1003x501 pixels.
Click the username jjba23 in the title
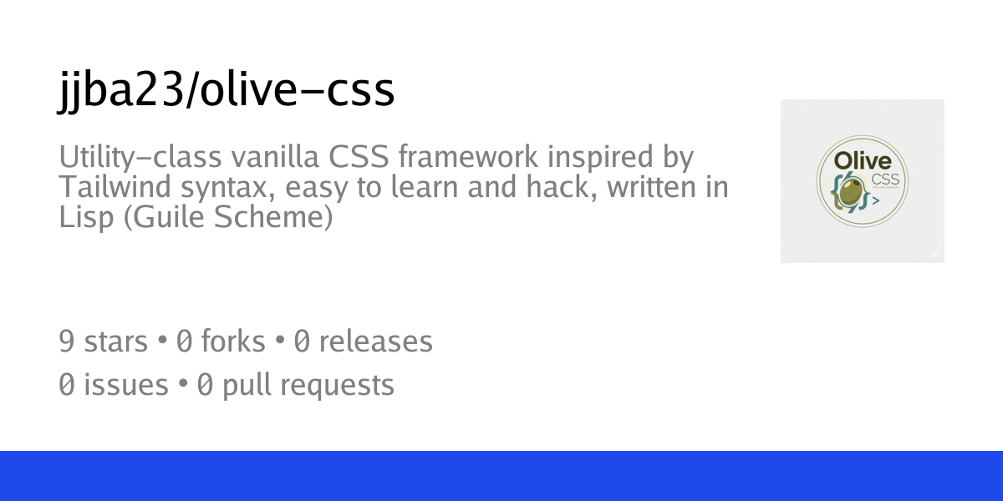coord(118,91)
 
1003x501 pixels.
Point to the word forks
coord(232,342)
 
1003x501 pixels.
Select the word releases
coord(375,342)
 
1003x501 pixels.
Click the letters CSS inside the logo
coord(879,180)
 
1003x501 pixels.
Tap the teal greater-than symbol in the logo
coord(876,201)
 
